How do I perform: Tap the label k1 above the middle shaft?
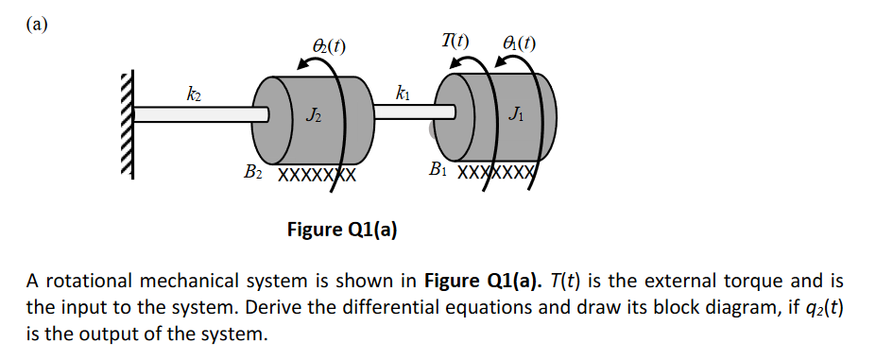pos(404,93)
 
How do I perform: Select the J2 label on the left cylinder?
pos(312,116)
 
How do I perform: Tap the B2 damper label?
pos(252,173)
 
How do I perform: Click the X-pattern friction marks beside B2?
pos(316,176)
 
